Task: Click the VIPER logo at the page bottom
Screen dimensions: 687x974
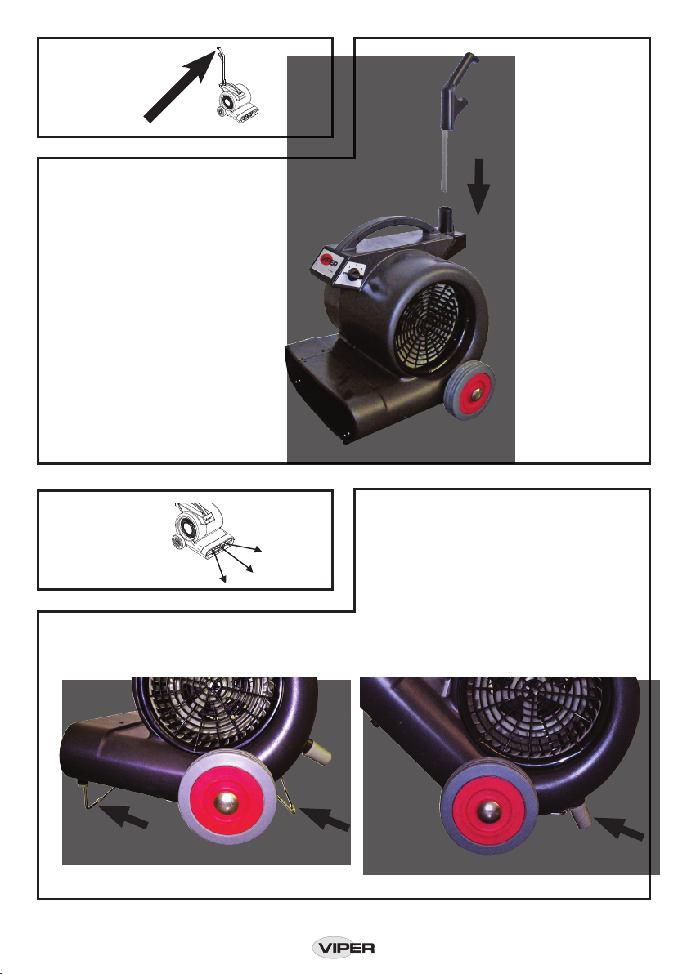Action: point(343,948)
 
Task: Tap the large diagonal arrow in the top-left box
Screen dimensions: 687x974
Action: point(180,86)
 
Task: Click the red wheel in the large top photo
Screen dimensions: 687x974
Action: point(470,390)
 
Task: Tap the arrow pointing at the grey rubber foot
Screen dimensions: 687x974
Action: point(619,828)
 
